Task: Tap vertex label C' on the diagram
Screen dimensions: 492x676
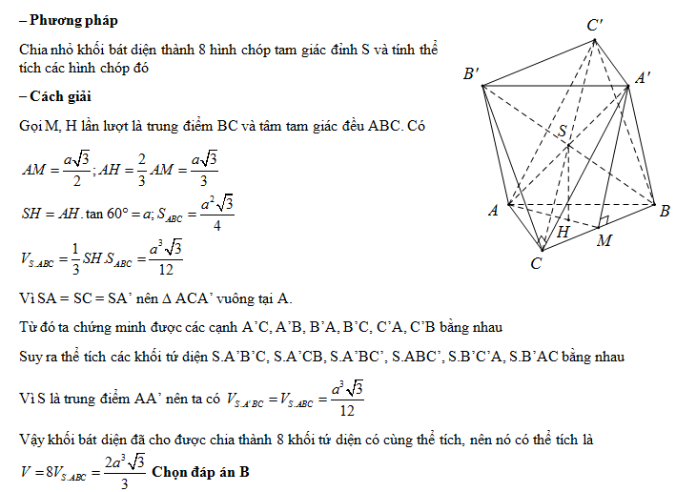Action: click(x=594, y=27)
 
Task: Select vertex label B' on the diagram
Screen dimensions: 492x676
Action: click(x=470, y=74)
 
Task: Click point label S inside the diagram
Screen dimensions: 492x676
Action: click(x=563, y=131)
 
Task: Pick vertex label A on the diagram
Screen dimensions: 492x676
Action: click(x=494, y=212)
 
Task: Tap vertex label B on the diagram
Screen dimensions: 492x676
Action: click(x=665, y=210)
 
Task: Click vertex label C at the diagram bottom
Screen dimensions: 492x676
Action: click(x=537, y=261)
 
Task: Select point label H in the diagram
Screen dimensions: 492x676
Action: click(x=564, y=232)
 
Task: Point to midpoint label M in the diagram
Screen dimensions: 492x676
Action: click(x=604, y=240)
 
